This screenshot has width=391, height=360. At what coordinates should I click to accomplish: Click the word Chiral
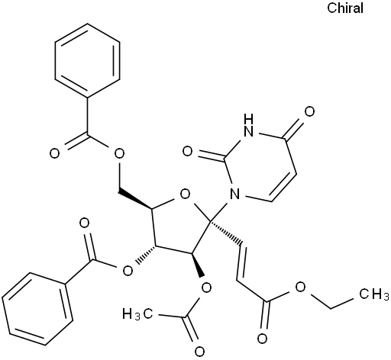click(x=345, y=8)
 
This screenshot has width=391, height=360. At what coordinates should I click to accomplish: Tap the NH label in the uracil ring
click(x=249, y=125)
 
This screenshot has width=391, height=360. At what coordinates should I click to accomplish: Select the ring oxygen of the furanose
click(x=185, y=195)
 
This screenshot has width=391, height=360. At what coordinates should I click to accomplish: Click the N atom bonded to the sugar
click(x=234, y=194)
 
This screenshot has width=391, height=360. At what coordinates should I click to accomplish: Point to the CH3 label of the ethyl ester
click(x=374, y=294)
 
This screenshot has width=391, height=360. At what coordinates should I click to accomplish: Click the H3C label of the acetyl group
click(x=137, y=314)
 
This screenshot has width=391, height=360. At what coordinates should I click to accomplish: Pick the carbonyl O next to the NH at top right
click(x=309, y=111)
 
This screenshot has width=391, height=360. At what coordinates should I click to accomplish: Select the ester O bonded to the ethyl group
click(x=300, y=288)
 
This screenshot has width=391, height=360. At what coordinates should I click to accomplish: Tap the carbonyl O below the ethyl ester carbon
click(x=262, y=339)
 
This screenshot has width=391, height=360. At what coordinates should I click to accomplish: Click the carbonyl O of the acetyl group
click(x=199, y=352)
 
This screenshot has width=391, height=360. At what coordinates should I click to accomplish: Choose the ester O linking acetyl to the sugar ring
click(x=206, y=288)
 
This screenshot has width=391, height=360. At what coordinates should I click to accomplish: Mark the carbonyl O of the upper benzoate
click(x=54, y=154)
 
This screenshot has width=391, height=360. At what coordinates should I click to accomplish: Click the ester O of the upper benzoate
click(x=119, y=153)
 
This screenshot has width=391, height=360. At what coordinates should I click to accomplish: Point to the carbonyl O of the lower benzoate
click(x=84, y=223)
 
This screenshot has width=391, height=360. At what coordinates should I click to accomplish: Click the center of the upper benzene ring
click(x=87, y=60)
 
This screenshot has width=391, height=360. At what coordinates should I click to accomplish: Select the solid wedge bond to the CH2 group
click(x=135, y=200)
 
